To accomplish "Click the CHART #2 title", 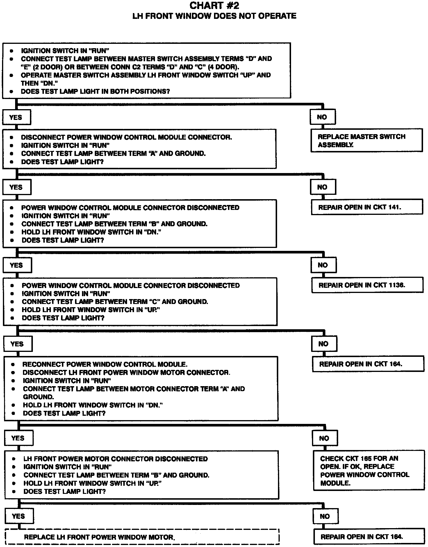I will coord(214,6).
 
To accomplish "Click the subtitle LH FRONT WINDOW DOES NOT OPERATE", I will coord(214,16).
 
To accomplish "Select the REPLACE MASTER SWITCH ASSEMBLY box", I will coord(366,141).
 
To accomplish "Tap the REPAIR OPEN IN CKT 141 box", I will coord(367,207).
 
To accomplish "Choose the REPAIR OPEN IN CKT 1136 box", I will coord(367,285).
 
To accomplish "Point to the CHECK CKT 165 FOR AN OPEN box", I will coord(369,471).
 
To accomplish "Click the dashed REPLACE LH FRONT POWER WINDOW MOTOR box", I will coord(142,537).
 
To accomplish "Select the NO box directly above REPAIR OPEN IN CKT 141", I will coord(323,187).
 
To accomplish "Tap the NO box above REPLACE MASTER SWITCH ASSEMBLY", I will coord(322,117).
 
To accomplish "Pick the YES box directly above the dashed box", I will coord(19,516).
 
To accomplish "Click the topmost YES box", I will coord(16,117).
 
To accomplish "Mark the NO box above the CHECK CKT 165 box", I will coord(324,438).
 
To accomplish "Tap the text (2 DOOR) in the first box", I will coord(47,67).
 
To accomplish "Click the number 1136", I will coord(397,285).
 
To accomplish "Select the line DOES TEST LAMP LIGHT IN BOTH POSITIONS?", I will coord(95,91).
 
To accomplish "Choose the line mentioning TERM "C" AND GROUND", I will coord(115,302).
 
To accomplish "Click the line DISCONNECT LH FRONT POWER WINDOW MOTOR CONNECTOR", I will coord(126,372).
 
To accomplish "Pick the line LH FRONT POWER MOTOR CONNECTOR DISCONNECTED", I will coord(115,459).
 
